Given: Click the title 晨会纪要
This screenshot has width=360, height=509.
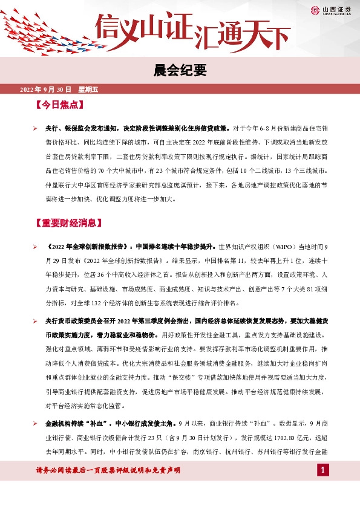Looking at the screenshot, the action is [180, 71].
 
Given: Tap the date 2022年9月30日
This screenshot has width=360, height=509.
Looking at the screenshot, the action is [45, 89].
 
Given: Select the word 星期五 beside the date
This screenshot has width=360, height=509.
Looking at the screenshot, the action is [88, 89].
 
